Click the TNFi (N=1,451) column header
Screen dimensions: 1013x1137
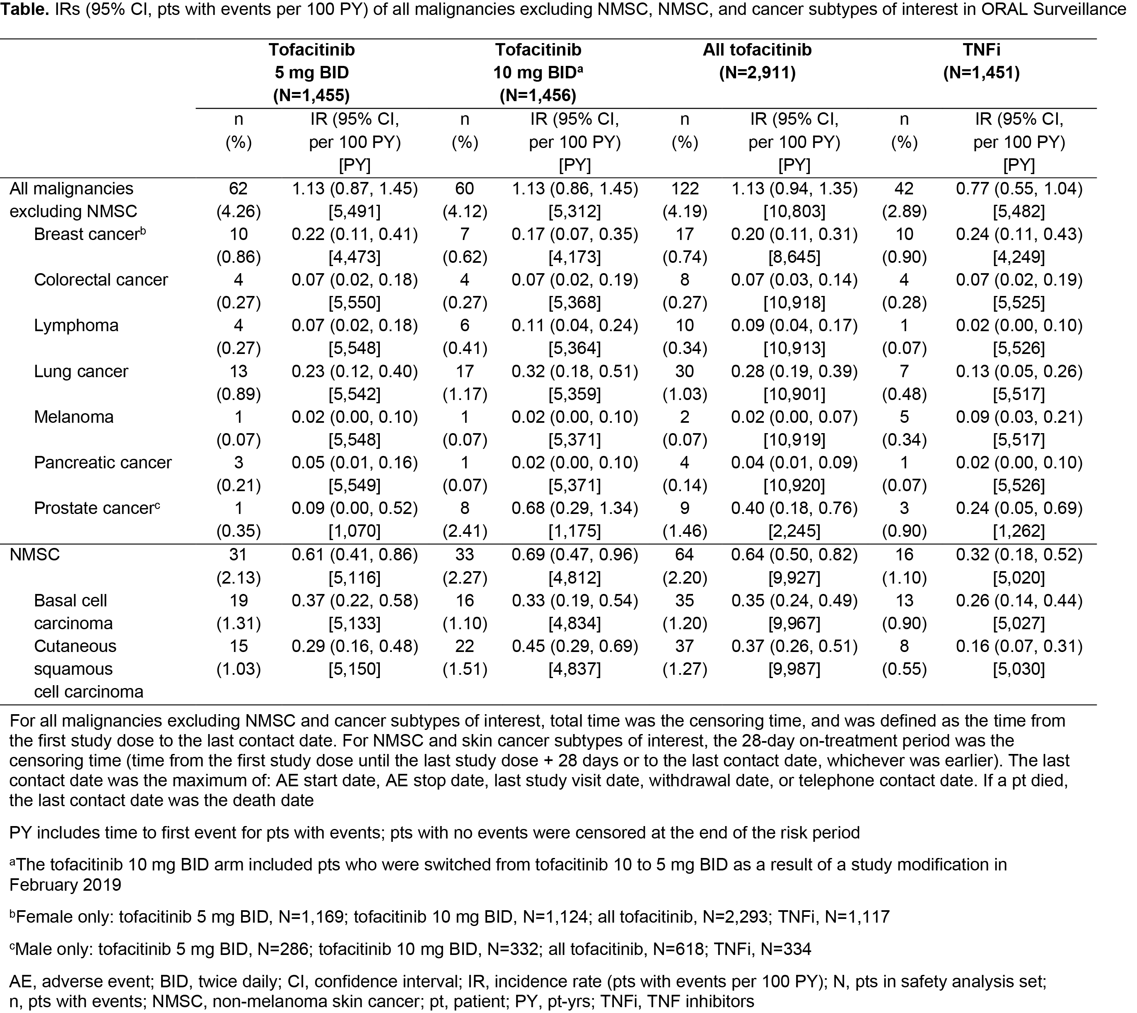[981, 61]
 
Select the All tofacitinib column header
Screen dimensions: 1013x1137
[757, 61]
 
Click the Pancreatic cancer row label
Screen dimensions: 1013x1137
[103, 463]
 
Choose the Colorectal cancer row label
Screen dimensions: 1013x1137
[101, 279]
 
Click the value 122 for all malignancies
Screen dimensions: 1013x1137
[684, 189]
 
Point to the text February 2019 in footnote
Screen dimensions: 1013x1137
[65, 885]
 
